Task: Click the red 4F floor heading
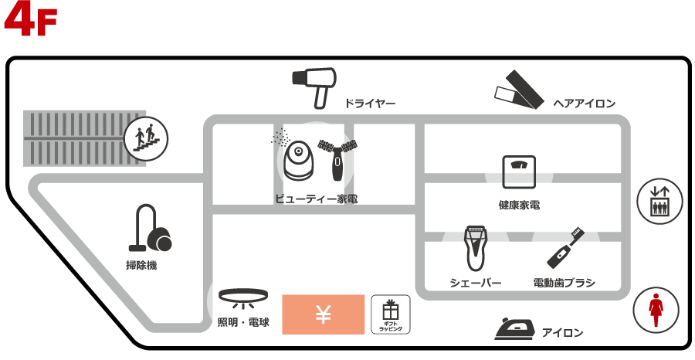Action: pyautogui.click(x=31, y=21)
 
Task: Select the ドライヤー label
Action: pyautogui.click(x=371, y=103)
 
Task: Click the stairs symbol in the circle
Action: pyautogui.click(x=146, y=139)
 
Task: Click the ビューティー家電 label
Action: pyautogui.click(x=316, y=199)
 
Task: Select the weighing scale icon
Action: pyautogui.click(x=518, y=172)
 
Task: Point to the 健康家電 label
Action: pyautogui.click(x=518, y=205)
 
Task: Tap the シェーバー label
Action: pyautogui.click(x=476, y=283)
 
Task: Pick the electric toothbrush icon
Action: pyautogui.click(x=564, y=247)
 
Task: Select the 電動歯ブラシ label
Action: pyautogui.click(x=564, y=283)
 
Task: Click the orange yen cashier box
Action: pyautogui.click(x=323, y=314)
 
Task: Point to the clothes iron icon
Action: pyautogui.click(x=514, y=329)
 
